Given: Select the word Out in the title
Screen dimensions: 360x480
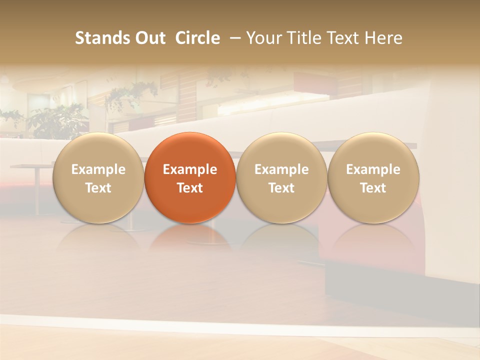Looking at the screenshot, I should (x=148, y=38).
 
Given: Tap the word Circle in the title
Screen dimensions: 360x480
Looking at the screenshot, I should (x=197, y=38).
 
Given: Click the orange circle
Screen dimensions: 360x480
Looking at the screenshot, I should (x=190, y=177).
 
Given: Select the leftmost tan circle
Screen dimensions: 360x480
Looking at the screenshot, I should (x=98, y=177).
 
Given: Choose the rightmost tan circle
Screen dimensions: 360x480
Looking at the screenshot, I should (x=373, y=177).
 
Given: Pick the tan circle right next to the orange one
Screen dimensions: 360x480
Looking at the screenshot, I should (x=281, y=177).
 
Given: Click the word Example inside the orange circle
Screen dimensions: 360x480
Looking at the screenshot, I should (x=190, y=169).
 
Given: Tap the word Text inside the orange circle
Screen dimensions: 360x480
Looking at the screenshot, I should (x=190, y=188).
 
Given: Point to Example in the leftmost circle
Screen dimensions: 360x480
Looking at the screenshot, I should (x=98, y=169).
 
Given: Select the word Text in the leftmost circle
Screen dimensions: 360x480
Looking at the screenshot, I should (x=98, y=188).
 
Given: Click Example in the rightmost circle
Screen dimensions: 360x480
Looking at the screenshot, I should (x=373, y=169).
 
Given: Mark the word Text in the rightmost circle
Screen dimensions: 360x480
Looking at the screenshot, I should (x=373, y=188).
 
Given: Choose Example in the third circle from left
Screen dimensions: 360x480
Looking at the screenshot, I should (x=281, y=169).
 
